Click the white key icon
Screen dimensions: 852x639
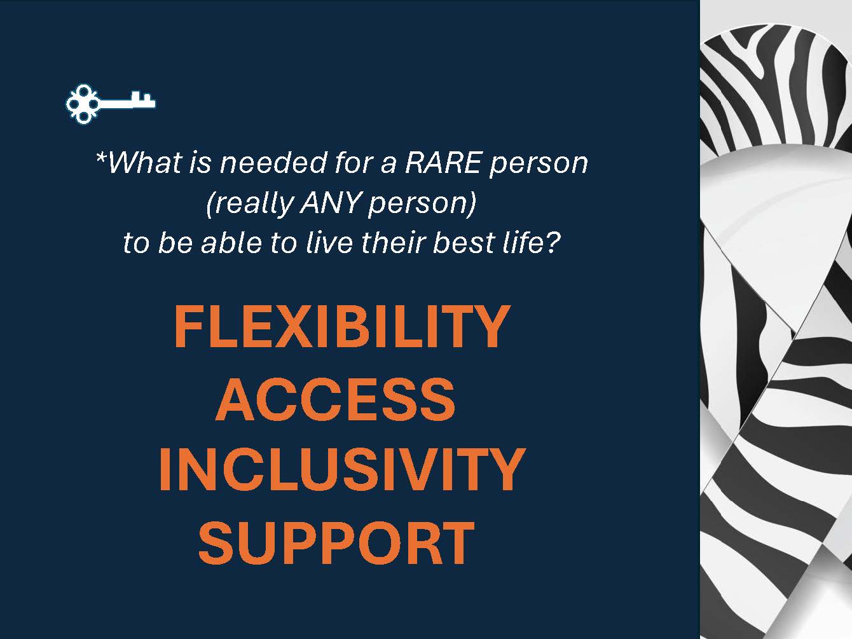110,104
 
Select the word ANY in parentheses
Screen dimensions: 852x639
331,203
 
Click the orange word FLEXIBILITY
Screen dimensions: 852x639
342,326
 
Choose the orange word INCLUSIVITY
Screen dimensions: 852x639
342,469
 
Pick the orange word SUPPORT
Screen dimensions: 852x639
336,542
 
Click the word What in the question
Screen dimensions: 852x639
145,162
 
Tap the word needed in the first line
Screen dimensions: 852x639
273,162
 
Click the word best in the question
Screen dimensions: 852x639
464,242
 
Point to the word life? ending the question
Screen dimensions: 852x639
532,242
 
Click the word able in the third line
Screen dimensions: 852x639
231,242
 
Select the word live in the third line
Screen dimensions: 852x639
329,242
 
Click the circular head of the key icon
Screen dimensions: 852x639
82,104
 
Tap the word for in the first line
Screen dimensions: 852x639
354,162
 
